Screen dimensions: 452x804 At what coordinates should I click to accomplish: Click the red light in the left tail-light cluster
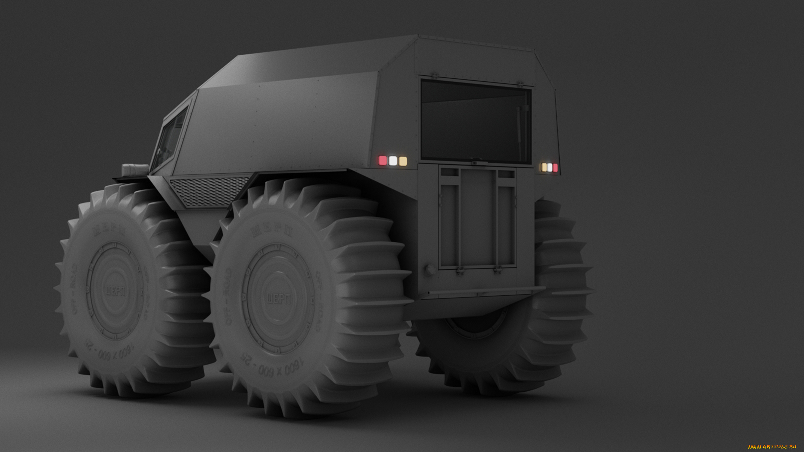pos(382,161)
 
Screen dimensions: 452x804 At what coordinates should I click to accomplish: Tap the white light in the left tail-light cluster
pos(393,161)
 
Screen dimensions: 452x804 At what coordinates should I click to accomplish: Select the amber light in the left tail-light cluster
pos(403,161)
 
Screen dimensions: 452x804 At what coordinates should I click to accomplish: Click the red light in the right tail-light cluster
pos(555,168)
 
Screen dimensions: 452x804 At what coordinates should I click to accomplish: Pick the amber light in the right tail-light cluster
pos(544,167)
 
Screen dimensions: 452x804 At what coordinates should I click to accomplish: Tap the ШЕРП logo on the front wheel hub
pos(115,291)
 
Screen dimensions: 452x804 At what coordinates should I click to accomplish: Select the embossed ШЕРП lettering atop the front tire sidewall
pos(109,230)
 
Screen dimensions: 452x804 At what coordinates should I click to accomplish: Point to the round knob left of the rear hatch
pos(430,270)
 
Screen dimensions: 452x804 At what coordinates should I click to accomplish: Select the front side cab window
pos(172,137)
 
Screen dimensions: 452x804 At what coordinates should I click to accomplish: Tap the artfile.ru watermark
pos(772,447)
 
